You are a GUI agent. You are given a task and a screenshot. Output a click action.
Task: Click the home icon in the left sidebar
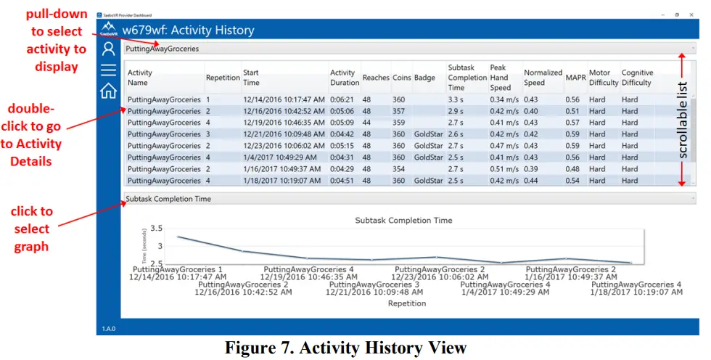108,91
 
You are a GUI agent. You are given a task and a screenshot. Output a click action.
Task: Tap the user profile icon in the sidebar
108,49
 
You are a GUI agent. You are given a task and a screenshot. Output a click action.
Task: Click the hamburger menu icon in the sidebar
108,70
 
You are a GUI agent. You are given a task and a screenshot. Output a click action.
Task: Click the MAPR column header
575,78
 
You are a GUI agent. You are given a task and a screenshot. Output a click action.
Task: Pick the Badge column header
424,78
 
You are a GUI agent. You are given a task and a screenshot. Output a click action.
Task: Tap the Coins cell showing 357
398,111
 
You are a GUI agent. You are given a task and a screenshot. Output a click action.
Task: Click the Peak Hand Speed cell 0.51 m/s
504,169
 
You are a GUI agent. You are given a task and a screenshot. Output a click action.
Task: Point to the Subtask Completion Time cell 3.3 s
456,99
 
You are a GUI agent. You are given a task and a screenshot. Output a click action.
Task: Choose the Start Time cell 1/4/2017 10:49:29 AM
278,157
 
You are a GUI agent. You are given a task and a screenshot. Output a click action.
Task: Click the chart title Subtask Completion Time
403,220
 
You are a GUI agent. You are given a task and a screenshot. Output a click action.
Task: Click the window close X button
694,15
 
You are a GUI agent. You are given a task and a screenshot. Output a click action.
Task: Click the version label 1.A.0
107,328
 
